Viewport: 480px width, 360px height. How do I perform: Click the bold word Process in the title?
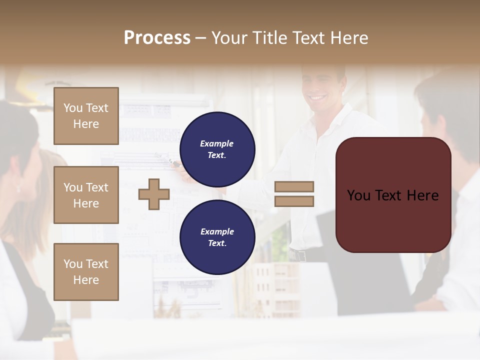point(157,38)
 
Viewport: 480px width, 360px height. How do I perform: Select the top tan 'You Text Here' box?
point(86,116)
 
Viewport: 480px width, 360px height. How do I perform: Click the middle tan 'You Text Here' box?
point(86,195)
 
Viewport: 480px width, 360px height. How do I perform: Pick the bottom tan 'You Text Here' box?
point(86,272)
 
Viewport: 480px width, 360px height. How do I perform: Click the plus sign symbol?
point(154,194)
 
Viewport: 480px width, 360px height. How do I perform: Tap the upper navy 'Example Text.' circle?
point(217,149)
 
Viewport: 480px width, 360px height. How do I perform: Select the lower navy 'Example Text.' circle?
point(217,237)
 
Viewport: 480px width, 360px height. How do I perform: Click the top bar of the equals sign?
point(294,186)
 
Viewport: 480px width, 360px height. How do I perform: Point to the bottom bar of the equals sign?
point(294,201)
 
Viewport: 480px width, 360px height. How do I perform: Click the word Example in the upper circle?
point(217,143)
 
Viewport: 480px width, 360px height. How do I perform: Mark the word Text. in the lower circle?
point(217,243)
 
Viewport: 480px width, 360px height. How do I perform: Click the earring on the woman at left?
point(18,188)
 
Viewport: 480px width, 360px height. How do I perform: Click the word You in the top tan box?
point(73,108)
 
